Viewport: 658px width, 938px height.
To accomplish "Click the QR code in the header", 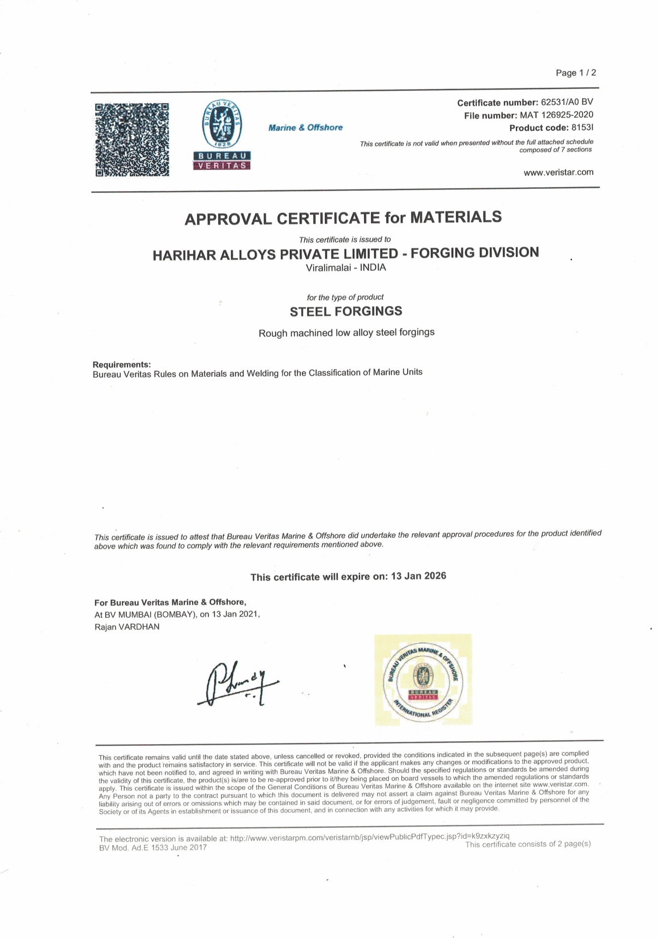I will click(x=132, y=140).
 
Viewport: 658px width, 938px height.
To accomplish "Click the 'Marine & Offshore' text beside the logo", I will click(x=305, y=128).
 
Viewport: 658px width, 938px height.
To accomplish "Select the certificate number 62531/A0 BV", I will click(x=567, y=102).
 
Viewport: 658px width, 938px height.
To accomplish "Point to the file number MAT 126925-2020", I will click(x=556, y=115).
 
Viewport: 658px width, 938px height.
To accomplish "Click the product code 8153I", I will click(x=582, y=128).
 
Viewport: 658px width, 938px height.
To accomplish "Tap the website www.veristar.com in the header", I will click(x=558, y=172).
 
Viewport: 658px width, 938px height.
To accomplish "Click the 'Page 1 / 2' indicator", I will click(x=576, y=73).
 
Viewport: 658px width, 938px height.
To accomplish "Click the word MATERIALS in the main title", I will click(x=455, y=217).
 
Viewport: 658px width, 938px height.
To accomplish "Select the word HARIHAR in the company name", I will click(x=184, y=255).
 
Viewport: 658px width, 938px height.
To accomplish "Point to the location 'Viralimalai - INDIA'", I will click(x=346, y=268).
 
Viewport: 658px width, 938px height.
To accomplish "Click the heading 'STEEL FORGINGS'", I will click(x=346, y=311).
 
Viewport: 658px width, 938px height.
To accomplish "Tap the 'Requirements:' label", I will click(x=122, y=364).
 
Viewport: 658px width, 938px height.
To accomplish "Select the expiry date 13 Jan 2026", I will click(x=418, y=576).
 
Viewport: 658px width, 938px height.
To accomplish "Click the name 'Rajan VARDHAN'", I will click(x=127, y=627).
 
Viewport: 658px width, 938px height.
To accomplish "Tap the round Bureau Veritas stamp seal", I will click(x=423, y=680).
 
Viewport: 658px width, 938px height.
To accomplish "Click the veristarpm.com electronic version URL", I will click(x=370, y=836).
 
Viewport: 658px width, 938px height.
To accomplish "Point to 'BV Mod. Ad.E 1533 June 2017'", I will click(x=153, y=848).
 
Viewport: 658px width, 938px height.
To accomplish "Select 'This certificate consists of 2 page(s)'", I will click(x=527, y=844).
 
